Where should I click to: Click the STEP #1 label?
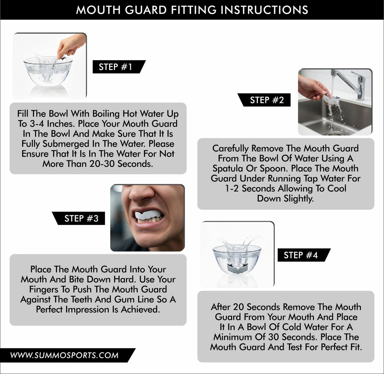(116, 67)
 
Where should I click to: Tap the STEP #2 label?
(267, 100)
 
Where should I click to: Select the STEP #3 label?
(81, 218)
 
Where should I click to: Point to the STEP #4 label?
(300, 255)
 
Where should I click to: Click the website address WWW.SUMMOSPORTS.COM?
(64, 355)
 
